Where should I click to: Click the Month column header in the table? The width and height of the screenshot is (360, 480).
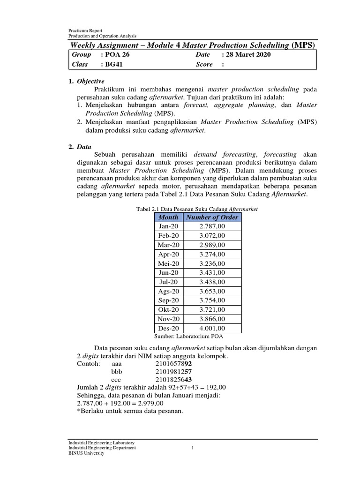click(x=168, y=217)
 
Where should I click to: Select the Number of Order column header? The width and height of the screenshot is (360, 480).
click(x=212, y=217)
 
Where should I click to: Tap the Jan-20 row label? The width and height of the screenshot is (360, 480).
click(x=168, y=226)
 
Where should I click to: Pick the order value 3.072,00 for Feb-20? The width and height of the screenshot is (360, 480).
click(x=212, y=236)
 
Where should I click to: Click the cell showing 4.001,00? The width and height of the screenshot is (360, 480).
click(x=212, y=328)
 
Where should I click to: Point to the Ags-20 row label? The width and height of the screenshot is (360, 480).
click(x=168, y=291)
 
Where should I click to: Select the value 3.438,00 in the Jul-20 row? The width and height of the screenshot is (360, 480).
click(x=212, y=282)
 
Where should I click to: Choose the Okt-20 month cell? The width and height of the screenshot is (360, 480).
click(x=168, y=309)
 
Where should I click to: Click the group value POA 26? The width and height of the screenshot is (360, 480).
click(x=115, y=55)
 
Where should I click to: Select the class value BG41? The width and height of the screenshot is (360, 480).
click(x=112, y=65)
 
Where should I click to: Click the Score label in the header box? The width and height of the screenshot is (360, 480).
click(x=204, y=65)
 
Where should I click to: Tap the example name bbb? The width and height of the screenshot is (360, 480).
click(x=116, y=371)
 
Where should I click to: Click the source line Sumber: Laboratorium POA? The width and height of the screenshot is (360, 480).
click(x=188, y=336)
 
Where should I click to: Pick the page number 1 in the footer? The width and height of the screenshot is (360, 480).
click(x=193, y=448)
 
